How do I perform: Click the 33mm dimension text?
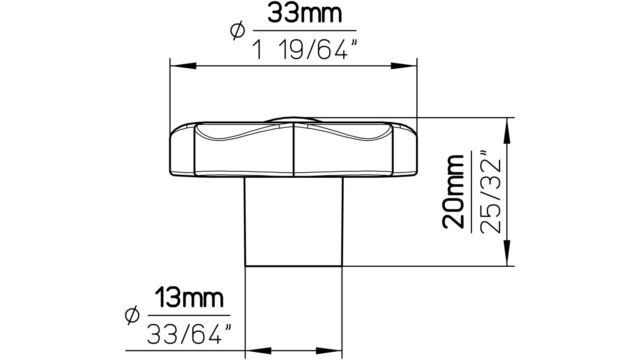point(304,13)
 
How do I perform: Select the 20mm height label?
point(453,191)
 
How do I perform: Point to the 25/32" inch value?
point(490,193)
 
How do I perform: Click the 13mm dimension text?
point(189,298)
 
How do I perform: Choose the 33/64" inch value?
point(189,334)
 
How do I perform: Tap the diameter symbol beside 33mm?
point(238,31)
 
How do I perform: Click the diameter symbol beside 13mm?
point(132,315)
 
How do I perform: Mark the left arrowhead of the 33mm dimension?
point(183,66)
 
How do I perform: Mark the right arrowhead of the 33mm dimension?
point(404,66)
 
